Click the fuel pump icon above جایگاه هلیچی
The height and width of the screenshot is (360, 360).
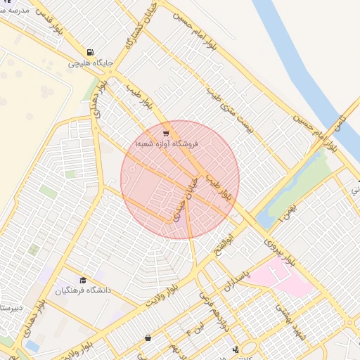click(91, 52)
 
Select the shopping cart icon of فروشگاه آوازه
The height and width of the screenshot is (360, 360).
click(165, 134)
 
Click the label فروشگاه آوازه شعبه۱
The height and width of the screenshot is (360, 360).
click(169, 143)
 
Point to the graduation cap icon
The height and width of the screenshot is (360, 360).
click(84, 281)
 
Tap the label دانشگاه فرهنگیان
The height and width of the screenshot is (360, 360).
click(84, 290)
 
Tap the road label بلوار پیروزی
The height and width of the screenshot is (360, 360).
click(279, 249)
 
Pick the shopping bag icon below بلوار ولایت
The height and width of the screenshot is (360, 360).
click(148, 337)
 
